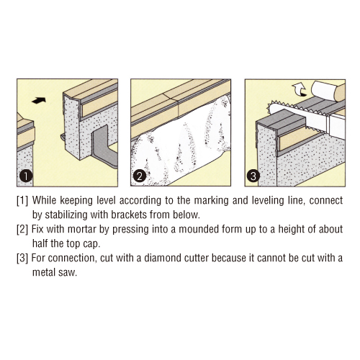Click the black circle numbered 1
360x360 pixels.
pos(25,176)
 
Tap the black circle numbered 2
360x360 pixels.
pos(139,176)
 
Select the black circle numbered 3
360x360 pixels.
pos(253,176)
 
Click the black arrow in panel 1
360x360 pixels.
pos(39,100)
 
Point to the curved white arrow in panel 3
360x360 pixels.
pos(300,90)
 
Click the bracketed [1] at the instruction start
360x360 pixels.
pos(22,200)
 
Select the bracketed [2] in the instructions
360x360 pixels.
pos(22,229)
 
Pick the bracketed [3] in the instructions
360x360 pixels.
pos(22,258)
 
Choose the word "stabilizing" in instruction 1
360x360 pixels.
pos(66,215)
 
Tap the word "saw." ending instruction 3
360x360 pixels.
pos(68,273)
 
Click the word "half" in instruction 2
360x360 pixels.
pos(40,243)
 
